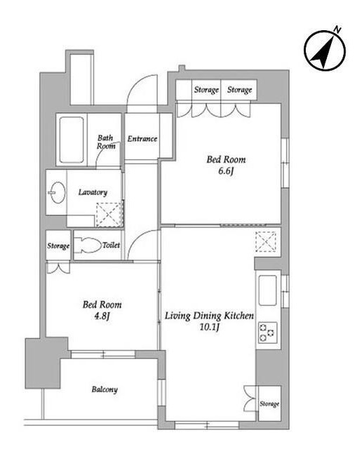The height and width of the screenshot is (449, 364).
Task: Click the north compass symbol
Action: coord(325,51)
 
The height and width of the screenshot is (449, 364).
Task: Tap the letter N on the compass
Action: coord(337,29)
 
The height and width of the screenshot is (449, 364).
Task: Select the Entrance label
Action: coord(142,139)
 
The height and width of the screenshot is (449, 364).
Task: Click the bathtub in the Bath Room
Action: coord(72,140)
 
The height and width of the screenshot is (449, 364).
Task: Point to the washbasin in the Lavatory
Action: coord(58,192)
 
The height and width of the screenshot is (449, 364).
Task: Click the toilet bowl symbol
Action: coord(88,245)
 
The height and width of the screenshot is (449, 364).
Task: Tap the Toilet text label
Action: coord(111,245)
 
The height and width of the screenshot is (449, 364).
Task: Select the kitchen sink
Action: coord(267,290)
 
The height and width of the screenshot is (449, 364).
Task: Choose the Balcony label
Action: coord(105,389)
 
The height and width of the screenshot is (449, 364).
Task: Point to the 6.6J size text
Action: coord(226,171)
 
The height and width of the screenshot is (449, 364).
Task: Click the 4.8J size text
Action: coord(102,316)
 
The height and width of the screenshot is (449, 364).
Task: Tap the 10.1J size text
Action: coord(209,327)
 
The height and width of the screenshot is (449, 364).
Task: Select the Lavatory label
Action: coord(93,192)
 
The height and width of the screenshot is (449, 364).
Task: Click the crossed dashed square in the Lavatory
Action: coord(109,215)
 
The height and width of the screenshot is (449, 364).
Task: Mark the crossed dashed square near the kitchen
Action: coord(266,241)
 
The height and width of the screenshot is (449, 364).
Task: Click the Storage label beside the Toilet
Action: coord(58,246)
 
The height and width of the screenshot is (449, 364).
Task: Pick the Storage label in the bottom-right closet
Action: coord(269,404)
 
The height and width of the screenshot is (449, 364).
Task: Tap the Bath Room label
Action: coord(106,142)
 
